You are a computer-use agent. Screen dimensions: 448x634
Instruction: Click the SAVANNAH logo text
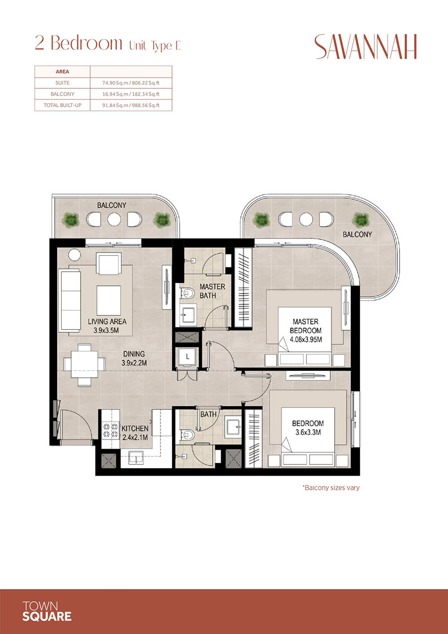click(366, 47)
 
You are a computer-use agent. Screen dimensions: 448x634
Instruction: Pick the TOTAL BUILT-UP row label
click(62, 105)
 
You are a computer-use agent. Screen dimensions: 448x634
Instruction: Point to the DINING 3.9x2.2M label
click(134, 358)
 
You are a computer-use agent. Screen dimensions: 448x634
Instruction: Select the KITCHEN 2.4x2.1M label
click(135, 433)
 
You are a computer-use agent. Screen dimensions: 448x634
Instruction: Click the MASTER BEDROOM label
click(306, 330)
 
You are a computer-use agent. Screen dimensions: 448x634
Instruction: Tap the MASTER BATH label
click(212, 291)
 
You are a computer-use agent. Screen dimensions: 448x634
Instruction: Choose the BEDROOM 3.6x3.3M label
click(308, 427)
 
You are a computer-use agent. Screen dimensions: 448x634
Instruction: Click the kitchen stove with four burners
click(110, 430)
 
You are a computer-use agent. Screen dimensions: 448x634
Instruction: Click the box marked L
click(187, 357)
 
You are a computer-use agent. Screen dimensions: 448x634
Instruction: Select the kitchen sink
click(136, 458)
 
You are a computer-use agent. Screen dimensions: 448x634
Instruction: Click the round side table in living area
click(74, 255)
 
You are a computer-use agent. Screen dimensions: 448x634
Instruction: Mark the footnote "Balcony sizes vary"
click(331, 488)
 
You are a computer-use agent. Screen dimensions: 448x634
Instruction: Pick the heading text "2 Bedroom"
click(78, 43)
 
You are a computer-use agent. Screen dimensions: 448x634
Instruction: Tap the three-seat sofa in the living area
click(70, 300)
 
